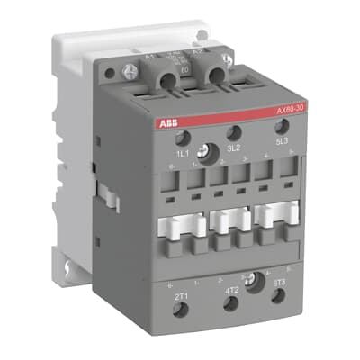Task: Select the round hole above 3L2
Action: click(232, 132)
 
